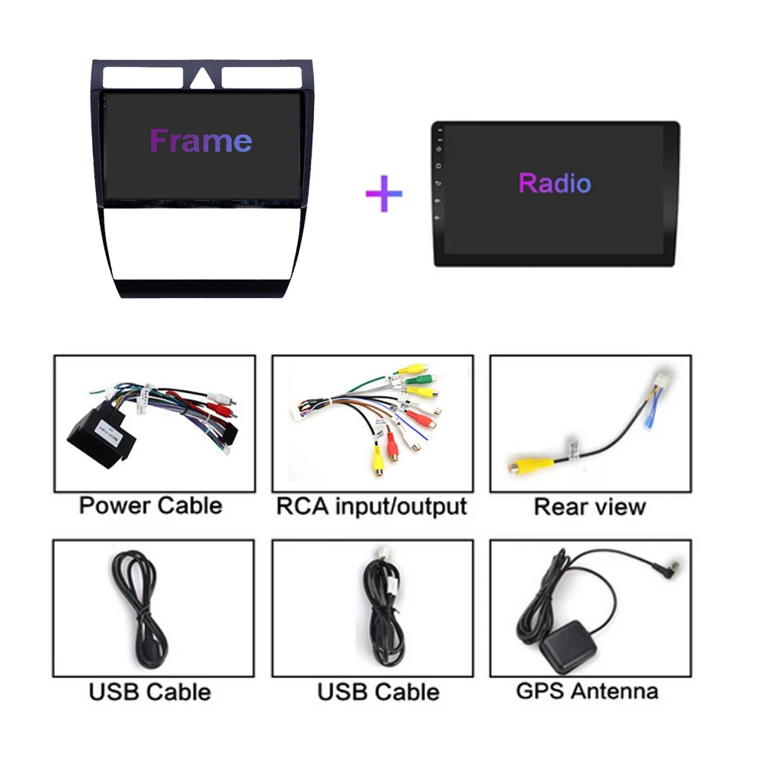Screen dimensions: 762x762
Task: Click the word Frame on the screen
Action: click(x=200, y=141)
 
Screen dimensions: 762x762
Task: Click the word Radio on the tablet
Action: click(x=554, y=183)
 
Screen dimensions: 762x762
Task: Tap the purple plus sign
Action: click(x=383, y=194)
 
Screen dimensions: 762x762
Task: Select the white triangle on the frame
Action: click(x=202, y=79)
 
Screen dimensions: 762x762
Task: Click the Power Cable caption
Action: click(x=151, y=506)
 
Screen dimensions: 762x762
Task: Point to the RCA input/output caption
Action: click(x=371, y=506)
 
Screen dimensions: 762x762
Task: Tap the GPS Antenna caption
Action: click(x=587, y=691)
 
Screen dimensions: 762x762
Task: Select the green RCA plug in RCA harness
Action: click(x=419, y=379)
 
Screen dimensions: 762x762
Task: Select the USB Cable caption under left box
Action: click(x=150, y=692)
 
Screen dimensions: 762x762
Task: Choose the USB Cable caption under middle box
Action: click(x=379, y=692)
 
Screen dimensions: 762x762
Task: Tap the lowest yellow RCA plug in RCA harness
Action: click(x=377, y=461)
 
